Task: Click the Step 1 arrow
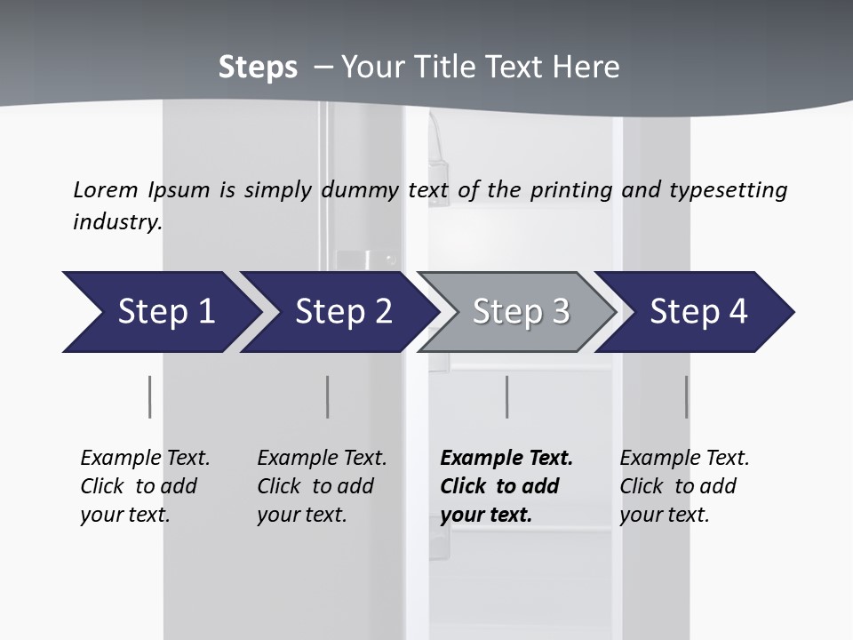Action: click(x=160, y=312)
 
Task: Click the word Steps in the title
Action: click(x=258, y=68)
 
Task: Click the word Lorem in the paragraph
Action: click(x=105, y=189)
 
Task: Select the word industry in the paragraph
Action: click(x=116, y=222)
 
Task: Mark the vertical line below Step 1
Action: click(x=150, y=396)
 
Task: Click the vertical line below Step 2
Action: click(x=328, y=396)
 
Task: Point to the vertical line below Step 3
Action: click(x=507, y=396)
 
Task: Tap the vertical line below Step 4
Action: click(x=687, y=396)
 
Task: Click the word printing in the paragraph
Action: click(x=571, y=189)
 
